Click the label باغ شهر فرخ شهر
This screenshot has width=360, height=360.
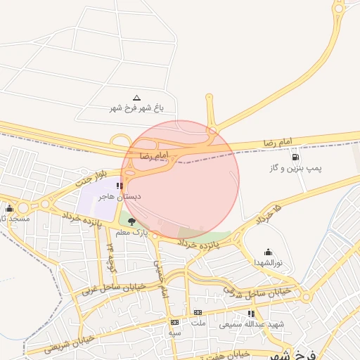click(136, 108)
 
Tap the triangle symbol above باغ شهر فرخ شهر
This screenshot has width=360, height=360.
click(136, 98)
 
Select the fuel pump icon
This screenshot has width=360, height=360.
click(294, 157)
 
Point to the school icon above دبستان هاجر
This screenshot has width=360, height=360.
click(120, 186)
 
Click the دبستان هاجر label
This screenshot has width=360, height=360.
click(120, 197)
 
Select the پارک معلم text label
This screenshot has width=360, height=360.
click(131, 232)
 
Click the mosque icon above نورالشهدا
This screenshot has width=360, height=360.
click(268, 252)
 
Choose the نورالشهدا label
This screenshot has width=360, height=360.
click(268, 262)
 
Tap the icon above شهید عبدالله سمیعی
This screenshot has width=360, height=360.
click(251, 314)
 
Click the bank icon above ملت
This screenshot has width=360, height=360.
click(198, 312)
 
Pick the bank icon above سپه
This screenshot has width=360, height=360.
click(174, 322)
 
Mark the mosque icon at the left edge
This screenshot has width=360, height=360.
click(9, 208)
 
